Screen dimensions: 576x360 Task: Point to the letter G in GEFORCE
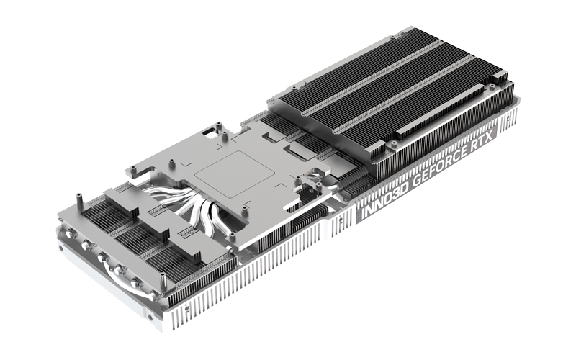tap(417, 180)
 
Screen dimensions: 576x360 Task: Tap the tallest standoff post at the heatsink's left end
tap(78, 203)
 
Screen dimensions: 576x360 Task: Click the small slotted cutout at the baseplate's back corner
tap(211, 132)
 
